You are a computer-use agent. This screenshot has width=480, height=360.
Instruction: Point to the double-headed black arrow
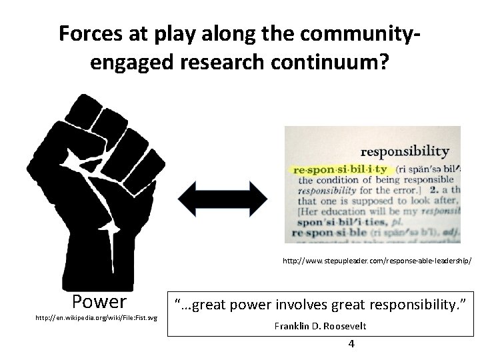tap(222, 195)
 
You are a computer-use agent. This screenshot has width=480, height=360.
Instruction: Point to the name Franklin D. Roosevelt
tap(318, 327)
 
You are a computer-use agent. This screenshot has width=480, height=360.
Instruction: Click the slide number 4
tap(351, 344)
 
